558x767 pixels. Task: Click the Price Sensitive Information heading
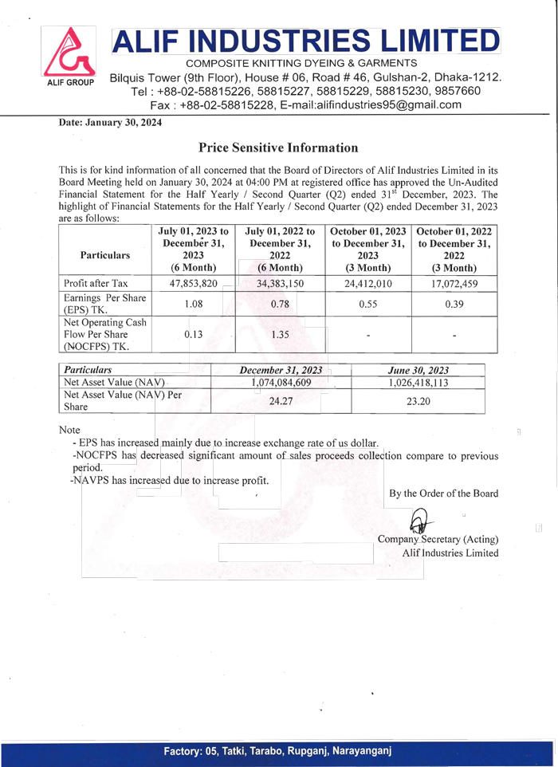click(x=278, y=147)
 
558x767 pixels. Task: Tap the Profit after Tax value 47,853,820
click(x=189, y=283)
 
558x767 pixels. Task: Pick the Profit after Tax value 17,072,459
click(x=453, y=283)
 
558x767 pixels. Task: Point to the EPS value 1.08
click(x=189, y=304)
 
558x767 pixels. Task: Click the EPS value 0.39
click(x=453, y=304)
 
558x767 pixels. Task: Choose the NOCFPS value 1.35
click(x=279, y=334)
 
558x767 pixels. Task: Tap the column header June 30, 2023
click(x=418, y=369)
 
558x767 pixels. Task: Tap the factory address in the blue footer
click(x=277, y=752)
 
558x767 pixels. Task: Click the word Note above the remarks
click(x=70, y=430)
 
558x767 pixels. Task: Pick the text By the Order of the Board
click(x=443, y=493)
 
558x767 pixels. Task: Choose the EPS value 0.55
click(x=368, y=304)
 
